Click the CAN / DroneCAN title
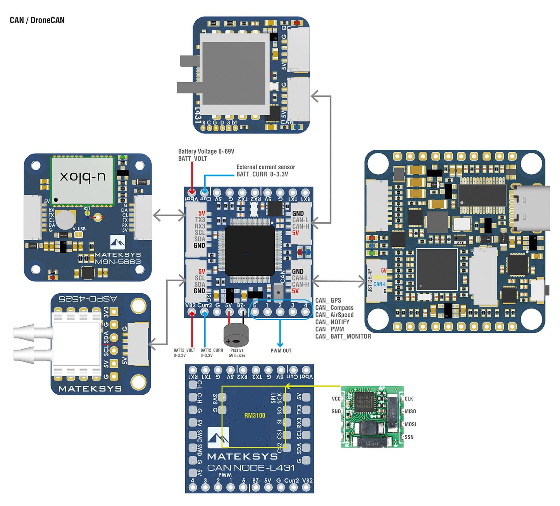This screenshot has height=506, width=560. pyautogui.click(x=37, y=20)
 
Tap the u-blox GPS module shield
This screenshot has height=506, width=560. pyautogui.click(x=83, y=180)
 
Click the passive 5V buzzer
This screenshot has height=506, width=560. pyautogui.click(x=236, y=335)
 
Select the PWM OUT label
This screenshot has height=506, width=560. pyautogui.click(x=281, y=351)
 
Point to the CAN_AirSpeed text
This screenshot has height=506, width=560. pyautogui.click(x=334, y=315)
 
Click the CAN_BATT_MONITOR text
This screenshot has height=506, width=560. pyautogui.click(x=343, y=336)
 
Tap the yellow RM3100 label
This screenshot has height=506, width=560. pyautogui.click(x=255, y=416)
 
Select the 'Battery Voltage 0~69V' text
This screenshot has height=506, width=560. pyautogui.click(x=206, y=151)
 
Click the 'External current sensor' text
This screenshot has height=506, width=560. pyautogui.click(x=265, y=167)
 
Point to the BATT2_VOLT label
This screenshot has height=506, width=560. pyautogui.click(x=184, y=350)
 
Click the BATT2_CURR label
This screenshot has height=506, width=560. pyautogui.click(x=212, y=350)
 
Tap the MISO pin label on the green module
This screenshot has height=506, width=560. pyautogui.click(x=410, y=411)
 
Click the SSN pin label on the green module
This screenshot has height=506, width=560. pyautogui.click(x=409, y=437)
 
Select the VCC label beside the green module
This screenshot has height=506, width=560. pyautogui.click(x=336, y=399)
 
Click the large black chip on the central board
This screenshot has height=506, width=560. pyautogui.click(x=250, y=250)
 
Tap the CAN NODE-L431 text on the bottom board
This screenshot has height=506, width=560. pyautogui.click(x=251, y=468)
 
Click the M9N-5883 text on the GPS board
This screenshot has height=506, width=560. pyautogui.click(x=117, y=262)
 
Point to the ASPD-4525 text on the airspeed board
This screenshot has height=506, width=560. pyautogui.click(x=88, y=299)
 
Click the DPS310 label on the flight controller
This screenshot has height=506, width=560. pyautogui.click(x=460, y=243)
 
